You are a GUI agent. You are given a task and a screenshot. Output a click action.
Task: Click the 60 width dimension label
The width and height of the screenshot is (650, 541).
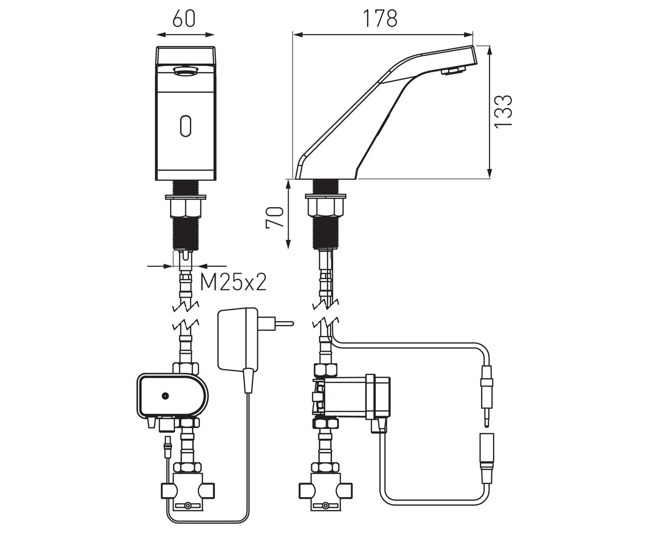coord(184,18)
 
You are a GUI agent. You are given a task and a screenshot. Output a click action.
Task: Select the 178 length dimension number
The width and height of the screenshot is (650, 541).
coord(380,18)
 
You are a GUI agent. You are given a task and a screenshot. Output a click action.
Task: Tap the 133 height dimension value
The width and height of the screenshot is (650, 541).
coord(503,111)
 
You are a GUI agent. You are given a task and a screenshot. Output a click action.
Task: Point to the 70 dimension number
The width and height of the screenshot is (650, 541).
coord(275,217)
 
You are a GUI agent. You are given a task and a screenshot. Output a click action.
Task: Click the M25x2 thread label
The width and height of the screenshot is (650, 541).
coord(233,282)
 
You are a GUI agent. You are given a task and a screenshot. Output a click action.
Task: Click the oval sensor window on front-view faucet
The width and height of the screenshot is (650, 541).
coord(185,126)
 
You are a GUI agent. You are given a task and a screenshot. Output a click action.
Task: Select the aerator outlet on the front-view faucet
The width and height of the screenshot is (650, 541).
coord(186,71)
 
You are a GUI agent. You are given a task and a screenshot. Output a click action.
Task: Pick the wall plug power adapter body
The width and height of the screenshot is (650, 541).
coord(238,340)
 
